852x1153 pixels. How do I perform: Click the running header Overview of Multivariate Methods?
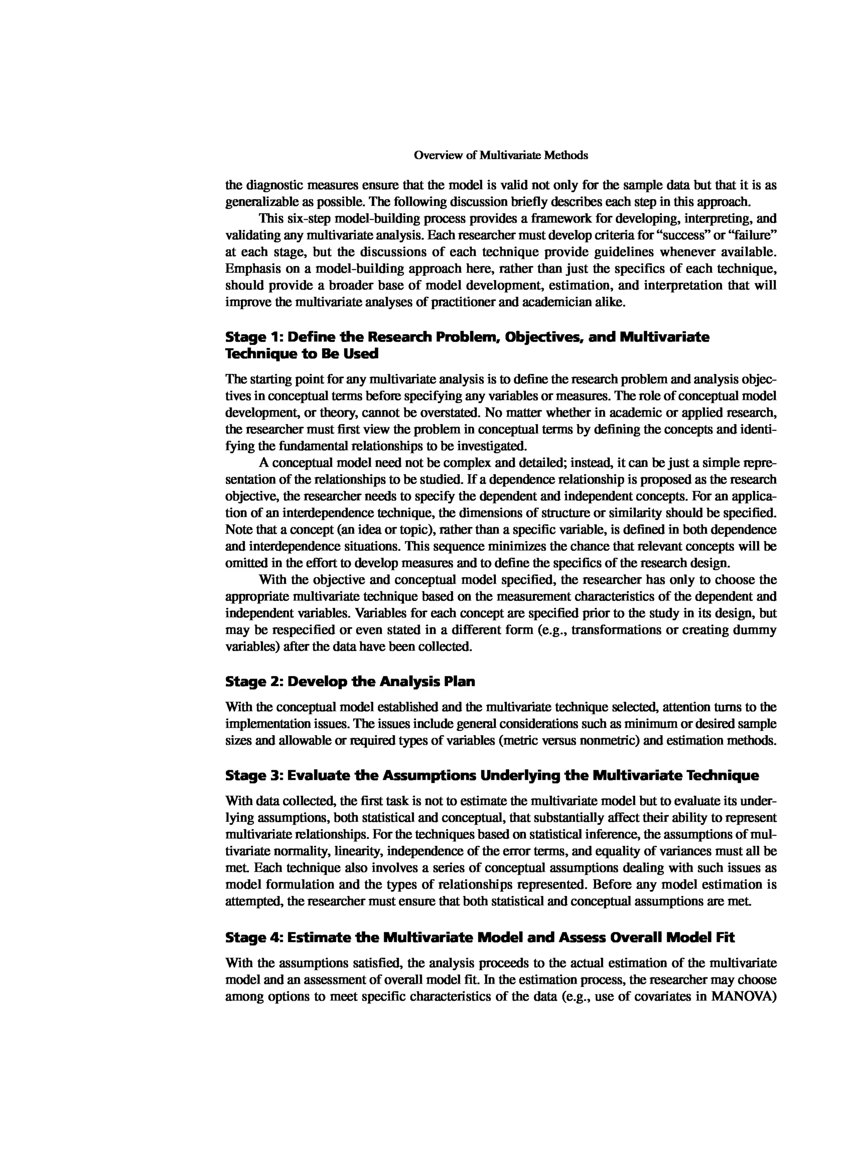[501, 155]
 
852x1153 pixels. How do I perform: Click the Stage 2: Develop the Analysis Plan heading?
[350, 682]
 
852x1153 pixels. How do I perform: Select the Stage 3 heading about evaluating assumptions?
[492, 775]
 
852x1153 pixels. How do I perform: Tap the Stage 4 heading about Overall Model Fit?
[480, 937]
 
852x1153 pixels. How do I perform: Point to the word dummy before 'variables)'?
[757, 630]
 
